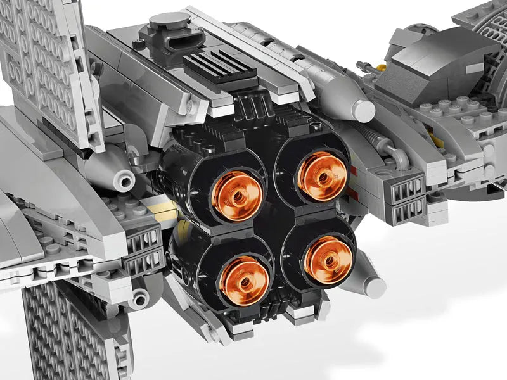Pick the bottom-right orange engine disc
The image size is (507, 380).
pyautogui.click(x=328, y=260)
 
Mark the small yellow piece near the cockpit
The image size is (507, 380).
pyautogui.click(x=381, y=66)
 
